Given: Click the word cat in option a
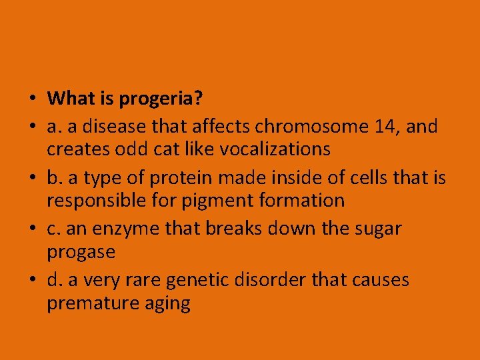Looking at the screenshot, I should click(167, 149).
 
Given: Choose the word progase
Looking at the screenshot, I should click(81, 253).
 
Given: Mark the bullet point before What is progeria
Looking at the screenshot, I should click(32, 100).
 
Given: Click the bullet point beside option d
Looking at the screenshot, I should click(32, 280).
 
